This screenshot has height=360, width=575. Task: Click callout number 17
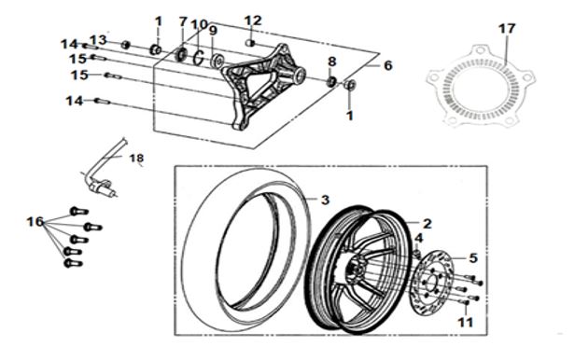[x=507, y=29]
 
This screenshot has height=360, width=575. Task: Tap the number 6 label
[x=388, y=66]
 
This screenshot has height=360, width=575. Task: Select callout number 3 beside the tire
[x=325, y=200]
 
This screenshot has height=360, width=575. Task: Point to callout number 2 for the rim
[x=428, y=224]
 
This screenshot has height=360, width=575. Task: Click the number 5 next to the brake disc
[x=473, y=258]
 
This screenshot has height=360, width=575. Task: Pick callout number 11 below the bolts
[x=466, y=323]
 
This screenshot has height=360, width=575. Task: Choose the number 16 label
[x=35, y=222]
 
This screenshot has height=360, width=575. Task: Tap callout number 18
[x=136, y=159]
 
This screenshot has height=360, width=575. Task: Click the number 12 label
[x=253, y=21]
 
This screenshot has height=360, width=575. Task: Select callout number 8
[x=332, y=62]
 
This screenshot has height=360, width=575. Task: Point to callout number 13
[x=98, y=39]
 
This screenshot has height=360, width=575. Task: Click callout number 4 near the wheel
[x=419, y=239]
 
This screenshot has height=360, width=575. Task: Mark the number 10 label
[x=200, y=25]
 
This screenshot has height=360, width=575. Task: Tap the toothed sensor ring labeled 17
[x=481, y=87]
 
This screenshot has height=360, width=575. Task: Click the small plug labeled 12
[x=250, y=43]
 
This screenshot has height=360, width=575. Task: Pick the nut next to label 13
[x=126, y=45]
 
